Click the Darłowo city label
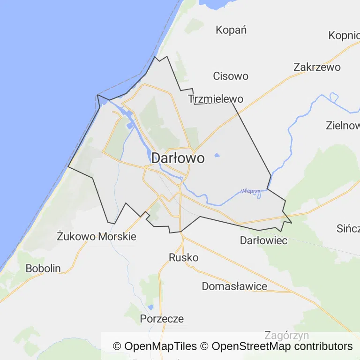point(178,158)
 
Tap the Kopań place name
point(231,30)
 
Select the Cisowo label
point(231,76)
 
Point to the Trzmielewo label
point(216,99)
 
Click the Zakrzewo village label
point(317,67)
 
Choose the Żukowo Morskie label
point(97,236)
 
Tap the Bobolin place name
point(43,269)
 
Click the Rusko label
point(184,258)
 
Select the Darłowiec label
point(263,240)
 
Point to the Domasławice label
point(234,286)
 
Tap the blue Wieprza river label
point(251,191)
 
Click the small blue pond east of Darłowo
point(217,155)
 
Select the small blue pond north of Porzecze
point(150,307)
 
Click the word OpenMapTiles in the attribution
point(160,346)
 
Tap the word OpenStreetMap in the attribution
point(251,346)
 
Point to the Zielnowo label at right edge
point(343,126)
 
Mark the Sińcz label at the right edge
point(348,229)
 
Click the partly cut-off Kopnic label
point(344,36)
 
